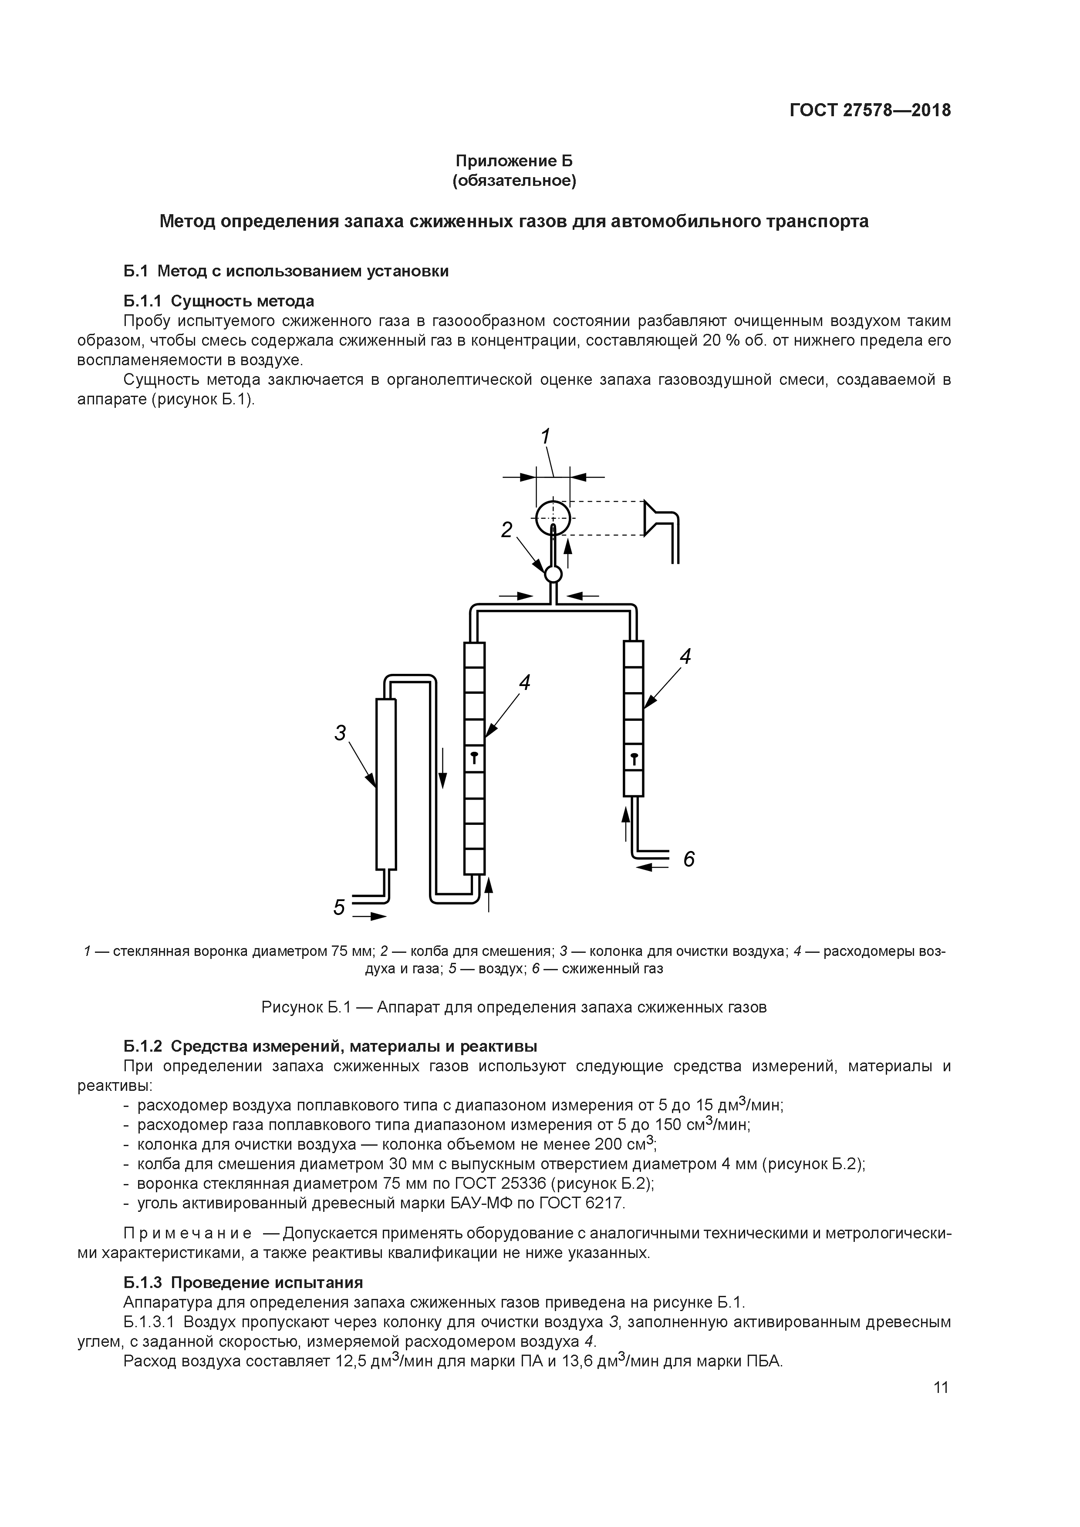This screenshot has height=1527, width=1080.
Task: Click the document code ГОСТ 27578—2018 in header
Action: pos(870,111)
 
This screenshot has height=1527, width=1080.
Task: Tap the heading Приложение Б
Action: pos(514,161)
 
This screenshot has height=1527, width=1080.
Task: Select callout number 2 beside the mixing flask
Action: pos(507,530)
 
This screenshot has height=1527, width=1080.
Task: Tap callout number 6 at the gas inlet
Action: pos(689,860)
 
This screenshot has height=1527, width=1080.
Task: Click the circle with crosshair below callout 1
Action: pos(553,518)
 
